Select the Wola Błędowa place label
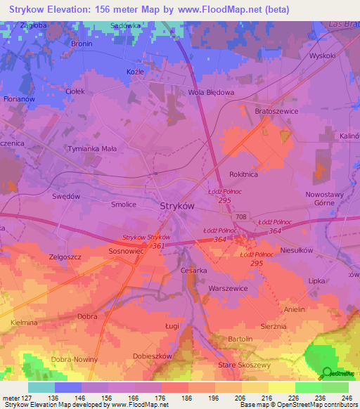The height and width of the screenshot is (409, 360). (x=210, y=92)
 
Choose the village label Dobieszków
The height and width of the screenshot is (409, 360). (x=153, y=356)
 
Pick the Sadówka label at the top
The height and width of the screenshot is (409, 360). (x=127, y=25)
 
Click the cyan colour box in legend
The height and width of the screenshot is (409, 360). (x=41, y=387)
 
